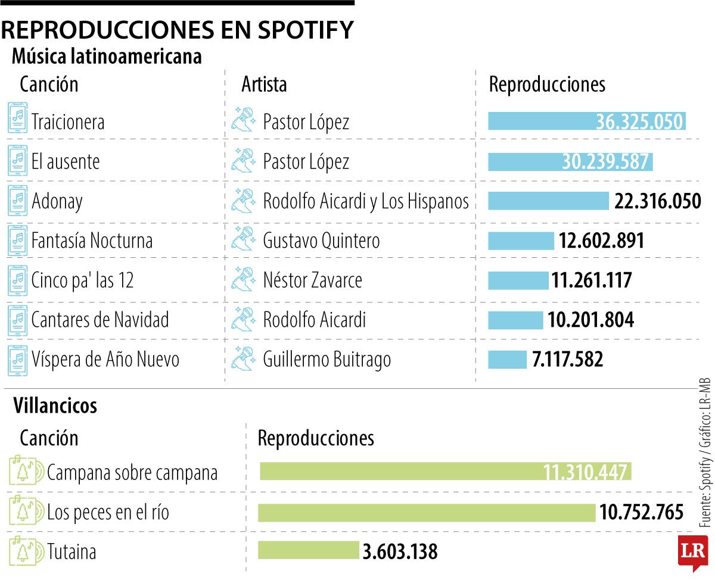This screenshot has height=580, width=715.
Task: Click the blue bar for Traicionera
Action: [587, 121]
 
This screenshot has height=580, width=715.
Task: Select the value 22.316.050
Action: [658, 201]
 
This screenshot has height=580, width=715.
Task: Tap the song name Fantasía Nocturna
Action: [92, 241]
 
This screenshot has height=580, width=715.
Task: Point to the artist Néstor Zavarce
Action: [312, 280]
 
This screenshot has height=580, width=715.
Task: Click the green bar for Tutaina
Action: [309, 550]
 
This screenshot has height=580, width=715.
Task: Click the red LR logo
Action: [692, 551]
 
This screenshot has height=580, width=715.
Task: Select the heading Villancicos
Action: [55, 406]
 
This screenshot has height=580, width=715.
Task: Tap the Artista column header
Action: [264, 85]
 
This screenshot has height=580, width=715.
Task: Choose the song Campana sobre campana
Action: [132, 473]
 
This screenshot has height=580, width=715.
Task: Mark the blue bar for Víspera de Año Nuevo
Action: [507, 360]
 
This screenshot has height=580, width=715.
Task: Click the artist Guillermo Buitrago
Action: [327, 360]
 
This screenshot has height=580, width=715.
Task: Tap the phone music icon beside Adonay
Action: [18, 201]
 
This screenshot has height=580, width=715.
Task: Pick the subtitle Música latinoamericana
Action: [107, 57]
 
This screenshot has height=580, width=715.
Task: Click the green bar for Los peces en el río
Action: [427, 513]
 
